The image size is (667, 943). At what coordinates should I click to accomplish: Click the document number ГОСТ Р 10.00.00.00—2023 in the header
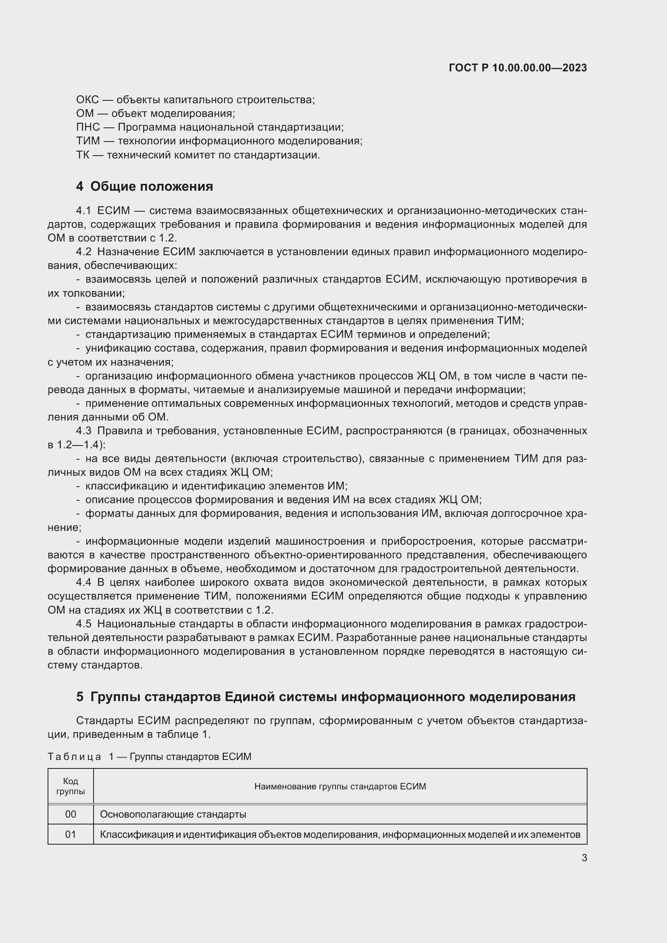517,68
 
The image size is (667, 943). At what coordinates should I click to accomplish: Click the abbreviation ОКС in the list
87,100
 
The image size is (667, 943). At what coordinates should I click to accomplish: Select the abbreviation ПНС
88,127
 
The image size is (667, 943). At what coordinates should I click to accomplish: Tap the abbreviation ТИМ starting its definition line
88,141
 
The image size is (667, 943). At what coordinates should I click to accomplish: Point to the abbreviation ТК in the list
83,155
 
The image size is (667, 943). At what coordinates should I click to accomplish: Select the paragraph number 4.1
83,211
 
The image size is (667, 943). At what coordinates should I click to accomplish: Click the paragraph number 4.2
83,252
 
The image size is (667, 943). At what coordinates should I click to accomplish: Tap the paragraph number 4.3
83,431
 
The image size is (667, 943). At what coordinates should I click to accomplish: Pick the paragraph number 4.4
83,583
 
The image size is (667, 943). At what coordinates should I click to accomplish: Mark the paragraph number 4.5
83,624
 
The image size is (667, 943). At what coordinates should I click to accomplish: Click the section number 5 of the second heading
80,697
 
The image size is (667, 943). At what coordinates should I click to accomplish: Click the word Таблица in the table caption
74,756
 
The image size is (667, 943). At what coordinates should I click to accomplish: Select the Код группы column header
71,786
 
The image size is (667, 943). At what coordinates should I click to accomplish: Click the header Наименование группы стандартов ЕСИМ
340,787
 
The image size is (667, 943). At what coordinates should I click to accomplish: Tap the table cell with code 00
71,814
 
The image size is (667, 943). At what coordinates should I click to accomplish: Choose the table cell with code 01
71,835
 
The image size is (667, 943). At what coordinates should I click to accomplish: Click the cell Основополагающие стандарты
173,814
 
